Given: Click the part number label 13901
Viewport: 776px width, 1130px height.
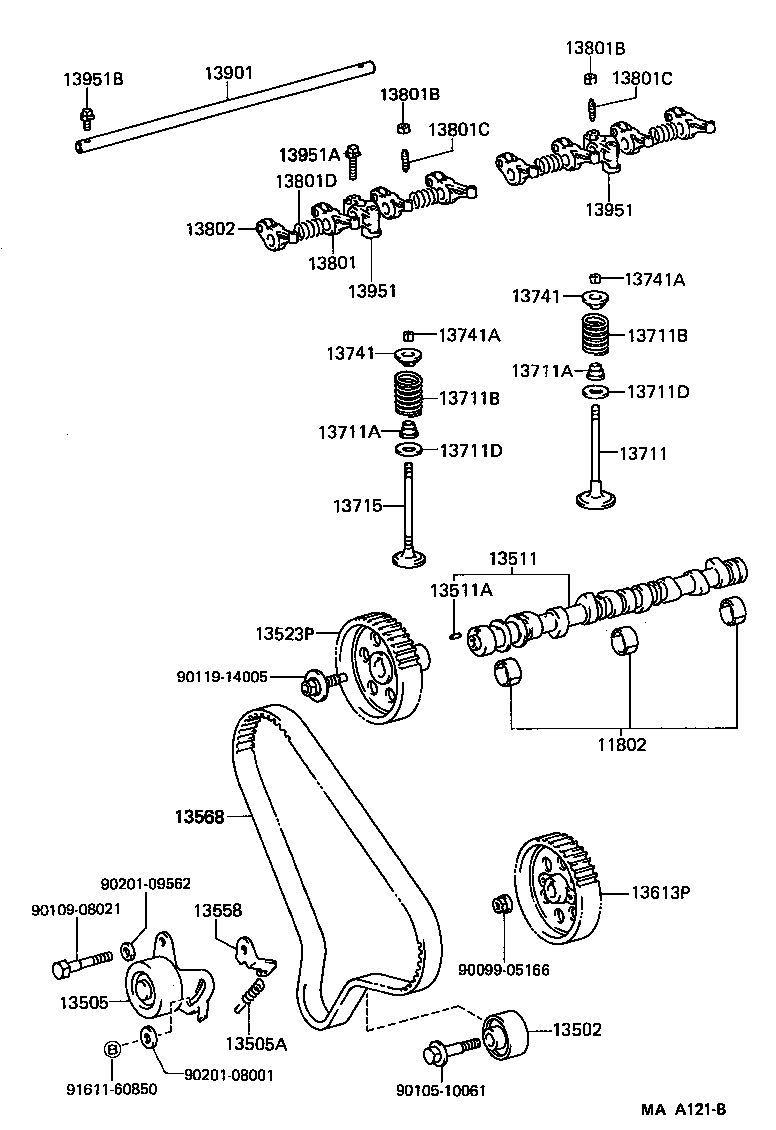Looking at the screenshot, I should [229, 74].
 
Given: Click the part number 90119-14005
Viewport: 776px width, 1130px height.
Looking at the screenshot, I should [223, 677].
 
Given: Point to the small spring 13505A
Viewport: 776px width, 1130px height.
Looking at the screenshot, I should [254, 995].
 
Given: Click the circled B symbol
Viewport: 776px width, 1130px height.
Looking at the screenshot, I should [113, 1049].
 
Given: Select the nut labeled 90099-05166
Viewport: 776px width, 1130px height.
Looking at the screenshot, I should [503, 905].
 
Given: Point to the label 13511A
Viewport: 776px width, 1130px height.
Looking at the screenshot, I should [461, 590].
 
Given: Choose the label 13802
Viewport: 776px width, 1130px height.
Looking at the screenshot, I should [209, 229].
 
